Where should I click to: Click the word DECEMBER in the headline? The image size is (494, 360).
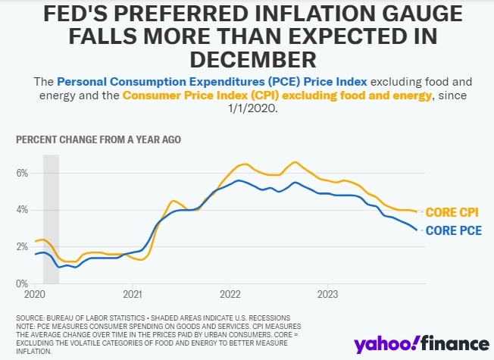[246, 59]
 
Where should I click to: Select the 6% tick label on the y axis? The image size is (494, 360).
[22, 174]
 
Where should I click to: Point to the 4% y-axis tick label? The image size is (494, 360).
[22, 209]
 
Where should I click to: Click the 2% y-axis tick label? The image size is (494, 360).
[22, 247]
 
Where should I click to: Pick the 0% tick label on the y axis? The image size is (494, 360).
[22, 283]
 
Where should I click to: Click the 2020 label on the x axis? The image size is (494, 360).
[36, 293]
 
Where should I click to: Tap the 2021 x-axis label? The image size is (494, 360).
[133, 293]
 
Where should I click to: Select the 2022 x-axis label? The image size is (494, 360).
[230, 293]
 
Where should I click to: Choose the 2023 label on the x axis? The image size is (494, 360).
[328, 293]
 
